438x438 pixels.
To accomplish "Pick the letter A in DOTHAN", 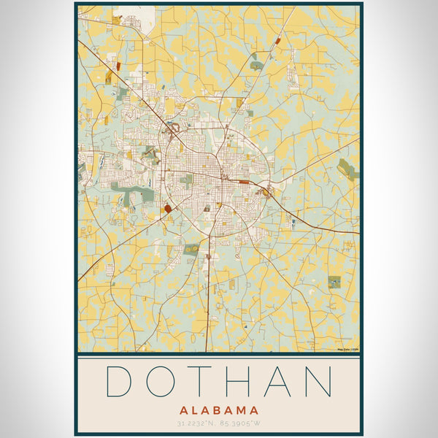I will click(x=277, y=382).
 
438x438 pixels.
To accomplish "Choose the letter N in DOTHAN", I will click(x=318, y=382).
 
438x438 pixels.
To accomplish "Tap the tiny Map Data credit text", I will click(x=348, y=350).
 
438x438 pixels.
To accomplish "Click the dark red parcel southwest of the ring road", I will click(x=169, y=209).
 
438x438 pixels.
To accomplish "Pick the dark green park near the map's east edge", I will click(x=347, y=172).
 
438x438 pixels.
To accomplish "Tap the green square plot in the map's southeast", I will click(x=334, y=282).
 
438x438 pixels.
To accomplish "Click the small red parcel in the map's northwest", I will click(x=118, y=66).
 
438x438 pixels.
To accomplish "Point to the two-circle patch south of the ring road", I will click(x=192, y=248).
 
